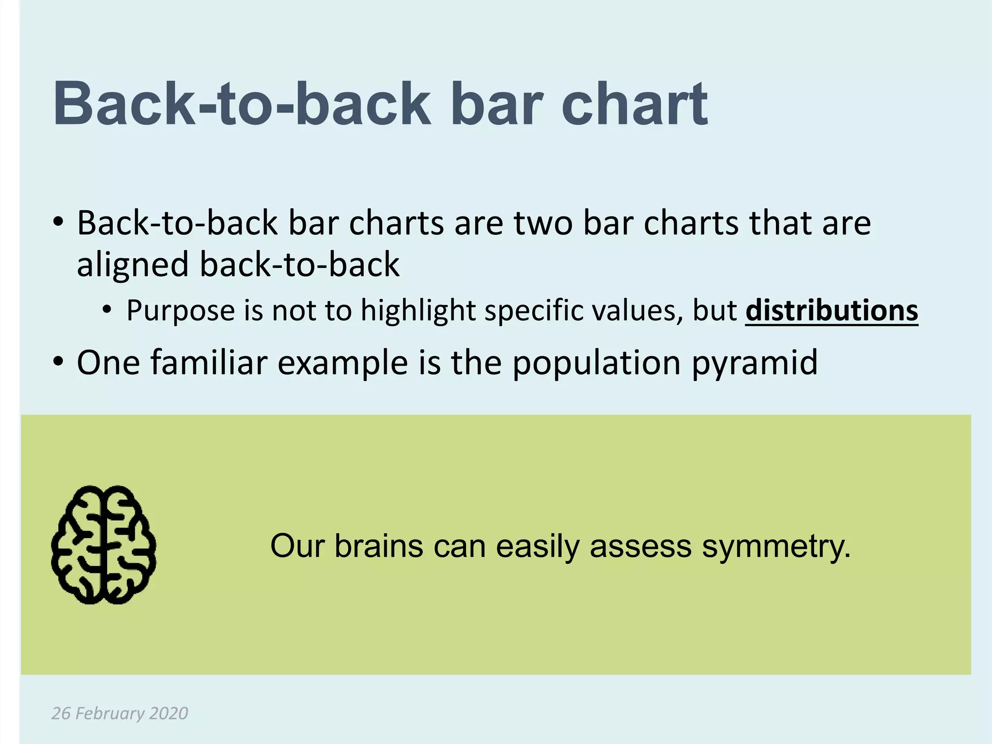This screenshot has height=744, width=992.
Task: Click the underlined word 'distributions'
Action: pos(831,310)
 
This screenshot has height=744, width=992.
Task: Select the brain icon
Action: pos(104,545)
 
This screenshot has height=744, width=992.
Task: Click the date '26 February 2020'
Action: pos(120,713)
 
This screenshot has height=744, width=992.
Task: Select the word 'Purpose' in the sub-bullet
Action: pos(181,310)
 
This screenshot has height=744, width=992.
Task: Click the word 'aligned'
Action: pos(133,265)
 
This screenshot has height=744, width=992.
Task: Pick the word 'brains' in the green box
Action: pos(379,546)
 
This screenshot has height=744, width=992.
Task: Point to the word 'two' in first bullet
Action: pos(543,223)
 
